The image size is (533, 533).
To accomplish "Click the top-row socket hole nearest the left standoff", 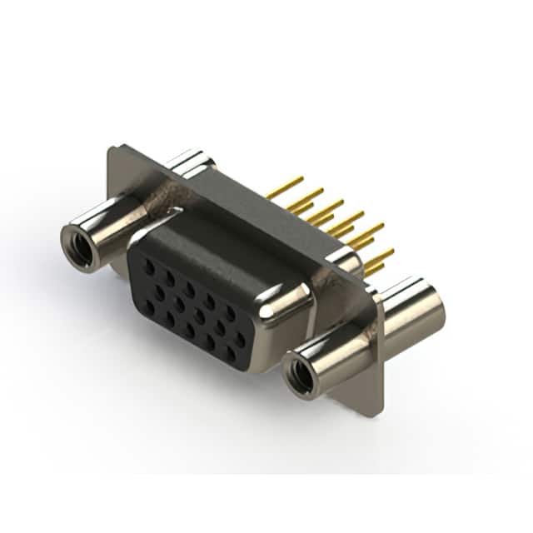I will tap(149, 266).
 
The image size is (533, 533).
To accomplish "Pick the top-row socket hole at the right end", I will tap(231, 311).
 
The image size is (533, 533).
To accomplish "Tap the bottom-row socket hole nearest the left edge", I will tap(149, 305).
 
